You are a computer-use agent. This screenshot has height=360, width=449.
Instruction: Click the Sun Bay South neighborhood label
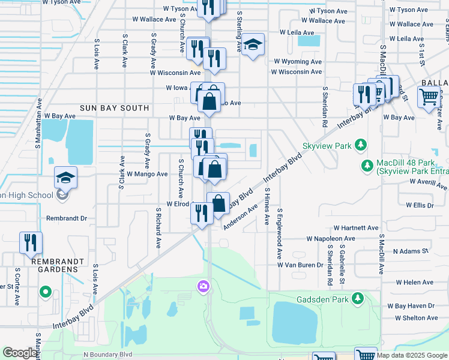(x=115, y=108)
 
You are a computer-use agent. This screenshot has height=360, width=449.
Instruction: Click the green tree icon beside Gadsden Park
(x=358, y=298)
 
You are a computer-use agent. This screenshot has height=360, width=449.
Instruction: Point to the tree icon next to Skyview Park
(x=361, y=145)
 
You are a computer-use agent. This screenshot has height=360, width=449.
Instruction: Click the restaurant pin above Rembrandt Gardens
(x=30, y=243)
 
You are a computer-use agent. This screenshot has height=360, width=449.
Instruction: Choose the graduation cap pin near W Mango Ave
(x=65, y=178)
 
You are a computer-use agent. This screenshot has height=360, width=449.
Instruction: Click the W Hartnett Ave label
(x=357, y=228)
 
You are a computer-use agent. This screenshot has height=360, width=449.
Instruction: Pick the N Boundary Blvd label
(x=107, y=355)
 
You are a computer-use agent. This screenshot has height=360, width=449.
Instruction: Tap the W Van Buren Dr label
(x=304, y=265)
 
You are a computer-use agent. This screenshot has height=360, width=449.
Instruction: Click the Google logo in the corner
(x=20, y=353)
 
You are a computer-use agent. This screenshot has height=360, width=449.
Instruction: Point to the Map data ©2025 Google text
(x=412, y=355)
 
